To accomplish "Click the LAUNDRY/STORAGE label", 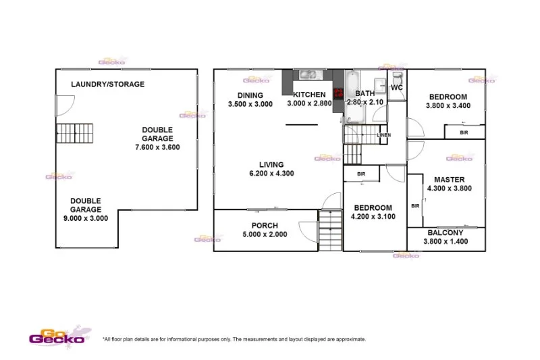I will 109,84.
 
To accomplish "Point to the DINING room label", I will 250,95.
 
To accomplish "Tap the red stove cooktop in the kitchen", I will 337,93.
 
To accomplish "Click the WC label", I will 397,88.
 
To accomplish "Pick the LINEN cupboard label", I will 383,135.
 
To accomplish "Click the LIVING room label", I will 271,164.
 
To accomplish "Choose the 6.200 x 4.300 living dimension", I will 271,174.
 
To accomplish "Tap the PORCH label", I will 265,226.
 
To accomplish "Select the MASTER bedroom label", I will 446,179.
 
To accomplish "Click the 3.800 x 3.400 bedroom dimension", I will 448,106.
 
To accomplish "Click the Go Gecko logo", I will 57,335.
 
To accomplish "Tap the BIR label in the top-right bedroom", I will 464,132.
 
